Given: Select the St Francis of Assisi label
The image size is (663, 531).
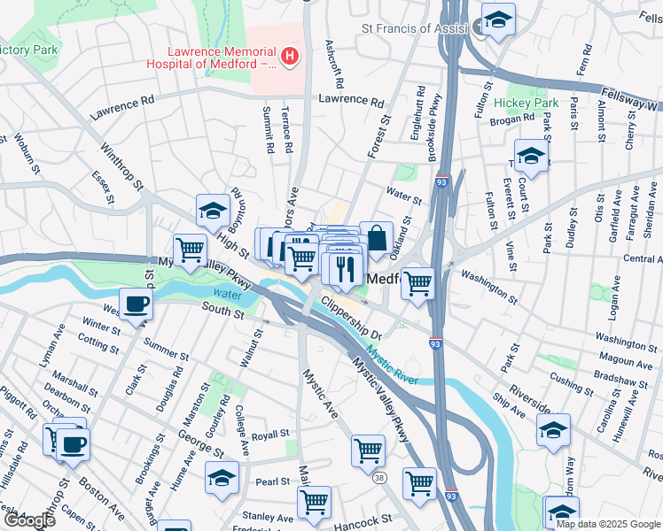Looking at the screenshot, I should (x=415, y=28).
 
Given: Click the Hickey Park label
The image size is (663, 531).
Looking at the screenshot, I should (x=526, y=103).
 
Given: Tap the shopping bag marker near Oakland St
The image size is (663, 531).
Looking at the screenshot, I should (x=376, y=238).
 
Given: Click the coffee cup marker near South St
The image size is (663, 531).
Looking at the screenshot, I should (x=136, y=305).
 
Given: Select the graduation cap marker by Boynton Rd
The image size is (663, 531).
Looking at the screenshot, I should (x=213, y=211).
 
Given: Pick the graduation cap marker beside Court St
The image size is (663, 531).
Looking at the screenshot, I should (x=531, y=157).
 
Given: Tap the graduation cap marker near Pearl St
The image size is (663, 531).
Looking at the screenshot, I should (x=222, y=478).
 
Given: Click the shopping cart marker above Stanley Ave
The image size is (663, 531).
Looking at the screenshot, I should (x=314, y=503).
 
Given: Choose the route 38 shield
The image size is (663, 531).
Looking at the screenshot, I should (x=379, y=478).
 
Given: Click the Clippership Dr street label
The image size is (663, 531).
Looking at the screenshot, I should (x=350, y=319).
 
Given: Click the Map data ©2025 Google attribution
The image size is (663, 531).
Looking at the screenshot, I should (x=608, y=524).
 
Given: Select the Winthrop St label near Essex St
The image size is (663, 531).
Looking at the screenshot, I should (x=121, y=166).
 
